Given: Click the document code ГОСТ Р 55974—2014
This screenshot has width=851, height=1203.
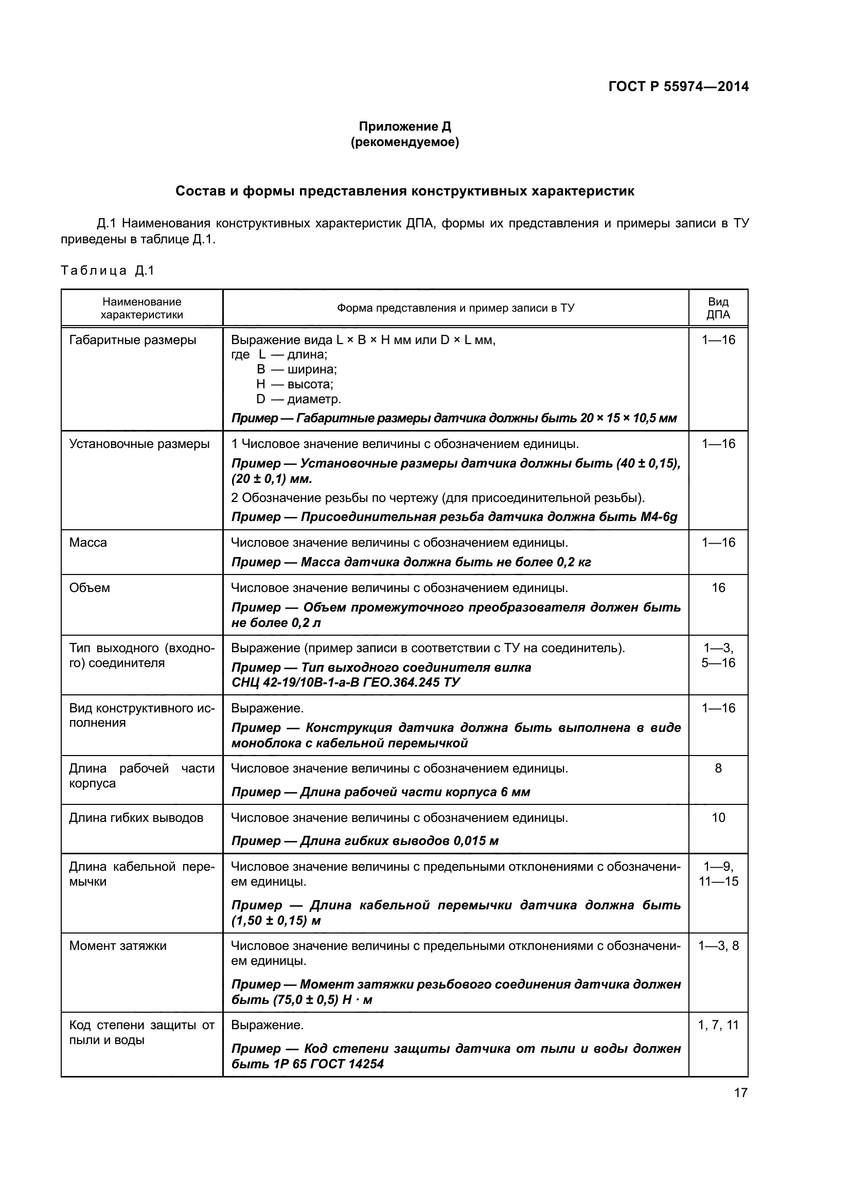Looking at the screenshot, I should tap(678, 86).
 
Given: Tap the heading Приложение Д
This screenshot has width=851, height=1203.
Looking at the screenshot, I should tap(404, 127).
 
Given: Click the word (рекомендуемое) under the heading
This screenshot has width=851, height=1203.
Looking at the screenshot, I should tap(404, 142).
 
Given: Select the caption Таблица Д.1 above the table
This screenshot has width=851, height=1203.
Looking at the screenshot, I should tap(108, 271).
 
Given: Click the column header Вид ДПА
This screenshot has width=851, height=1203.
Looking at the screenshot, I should tap(718, 308).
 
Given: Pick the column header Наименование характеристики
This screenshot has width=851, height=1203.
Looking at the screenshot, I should tap(141, 308).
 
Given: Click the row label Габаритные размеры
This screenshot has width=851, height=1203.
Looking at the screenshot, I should tap(133, 340).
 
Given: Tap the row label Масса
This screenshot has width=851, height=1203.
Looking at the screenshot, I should tap(88, 542).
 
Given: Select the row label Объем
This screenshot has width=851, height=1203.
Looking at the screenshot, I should tap(90, 588).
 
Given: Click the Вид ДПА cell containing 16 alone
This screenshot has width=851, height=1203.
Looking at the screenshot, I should tap(718, 588).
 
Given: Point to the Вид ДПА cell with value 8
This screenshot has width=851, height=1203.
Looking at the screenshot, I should tap(718, 768).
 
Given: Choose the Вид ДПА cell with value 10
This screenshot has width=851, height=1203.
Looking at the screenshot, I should tap(718, 818).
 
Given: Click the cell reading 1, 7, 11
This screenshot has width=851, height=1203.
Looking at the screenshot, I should tap(718, 1025).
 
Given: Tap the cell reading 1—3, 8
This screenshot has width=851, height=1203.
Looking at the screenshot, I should tap(718, 946).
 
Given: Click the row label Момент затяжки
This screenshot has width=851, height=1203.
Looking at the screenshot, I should tap(118, 946).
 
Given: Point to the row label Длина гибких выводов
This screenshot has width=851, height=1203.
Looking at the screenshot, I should tap(136, 818).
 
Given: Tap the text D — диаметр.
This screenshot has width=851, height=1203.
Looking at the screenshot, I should tap(299, 399).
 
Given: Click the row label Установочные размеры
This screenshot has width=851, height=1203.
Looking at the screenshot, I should tap(139, 444).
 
